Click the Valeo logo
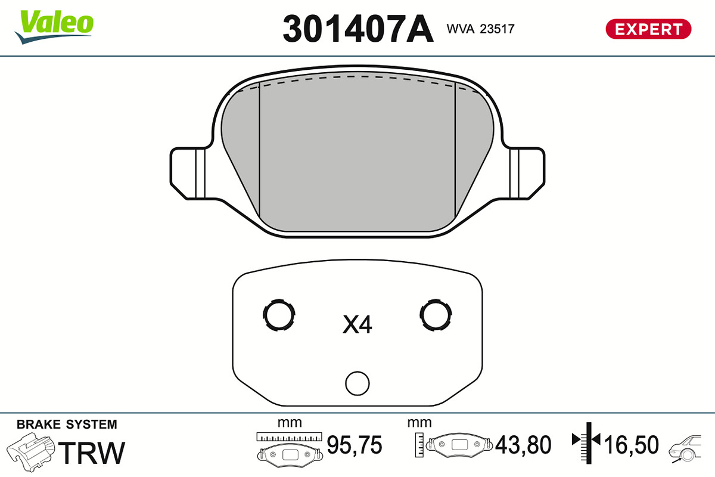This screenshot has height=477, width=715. pos(54,27)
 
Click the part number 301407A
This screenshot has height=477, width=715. pos(358,29)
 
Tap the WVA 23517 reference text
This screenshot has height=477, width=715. pos(480,29)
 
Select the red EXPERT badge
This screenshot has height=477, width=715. pos(648,29)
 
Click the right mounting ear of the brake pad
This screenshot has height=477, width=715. pos(527,174)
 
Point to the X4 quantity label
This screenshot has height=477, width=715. pos(357,324)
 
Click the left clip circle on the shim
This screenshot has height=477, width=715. pos(279,315)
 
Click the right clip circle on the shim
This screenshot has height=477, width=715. pos(436,315)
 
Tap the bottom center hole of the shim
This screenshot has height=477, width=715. pos(357,383)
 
